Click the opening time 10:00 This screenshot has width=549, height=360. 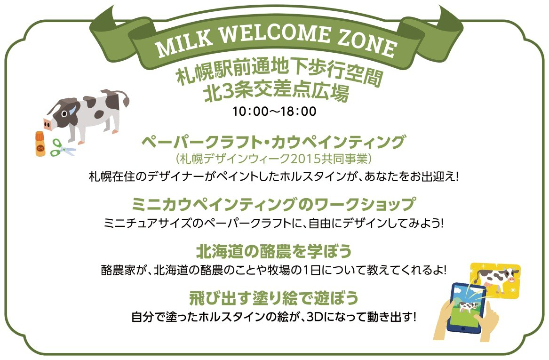[x=250, y=112]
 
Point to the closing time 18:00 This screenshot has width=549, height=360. [x=298, y=112]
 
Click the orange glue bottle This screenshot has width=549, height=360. [x=40, y=144]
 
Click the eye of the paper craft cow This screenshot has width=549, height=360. [x=64, y=114]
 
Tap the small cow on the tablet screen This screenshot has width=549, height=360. [x=466, y=307]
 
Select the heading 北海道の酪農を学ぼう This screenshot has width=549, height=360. [x=274, y=251]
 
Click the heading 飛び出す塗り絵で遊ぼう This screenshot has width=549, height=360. [x=274, y=298]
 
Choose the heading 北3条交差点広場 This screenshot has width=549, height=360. [x=277, y=92]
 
